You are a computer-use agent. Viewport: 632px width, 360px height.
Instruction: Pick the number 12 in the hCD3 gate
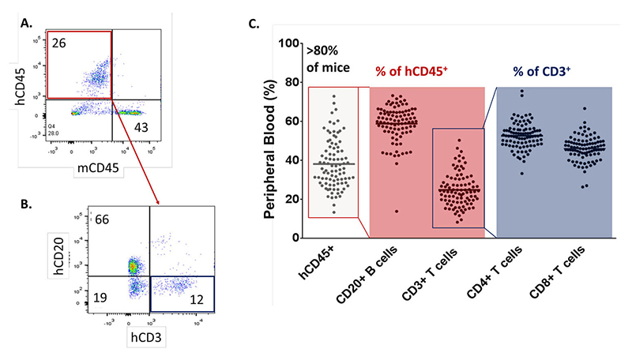[201, 299]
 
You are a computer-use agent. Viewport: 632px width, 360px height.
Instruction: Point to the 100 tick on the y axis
[282, 43]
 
